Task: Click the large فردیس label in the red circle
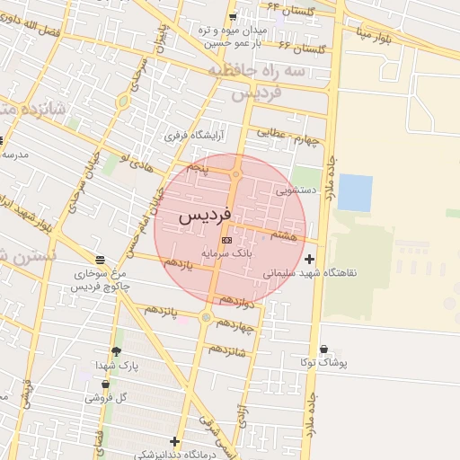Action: [205, 216]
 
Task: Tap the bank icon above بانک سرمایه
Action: [226, 241]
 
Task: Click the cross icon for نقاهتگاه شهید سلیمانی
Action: [310, 259]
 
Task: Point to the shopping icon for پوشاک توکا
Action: [323, 349]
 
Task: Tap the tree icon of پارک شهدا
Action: [116, 351]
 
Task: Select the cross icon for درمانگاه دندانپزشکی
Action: [174, 441]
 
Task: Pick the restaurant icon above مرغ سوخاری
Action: [99, 259]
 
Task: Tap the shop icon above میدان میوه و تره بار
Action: [233, 17]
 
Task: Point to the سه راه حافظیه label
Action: [256, 69]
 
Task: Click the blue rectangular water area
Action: [355, 193]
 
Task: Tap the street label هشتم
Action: [284, 235]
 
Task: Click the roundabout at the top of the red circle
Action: [236, 174]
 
